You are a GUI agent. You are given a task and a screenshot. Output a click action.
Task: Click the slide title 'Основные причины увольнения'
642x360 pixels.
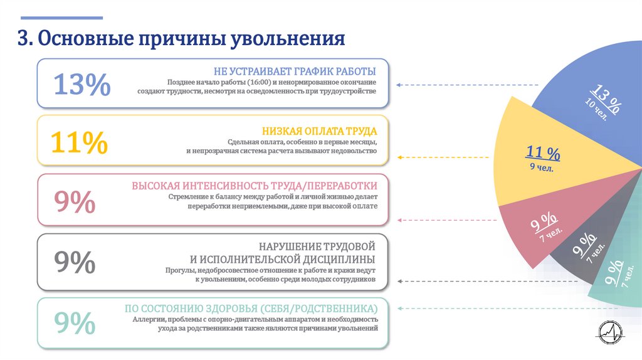pos(181,39)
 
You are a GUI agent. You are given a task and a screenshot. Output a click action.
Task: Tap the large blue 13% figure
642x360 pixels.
pos(82,84)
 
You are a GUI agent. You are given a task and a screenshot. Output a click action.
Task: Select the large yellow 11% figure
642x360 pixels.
pos(78,143)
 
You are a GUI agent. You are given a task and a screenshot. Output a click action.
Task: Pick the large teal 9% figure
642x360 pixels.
pos(75,322)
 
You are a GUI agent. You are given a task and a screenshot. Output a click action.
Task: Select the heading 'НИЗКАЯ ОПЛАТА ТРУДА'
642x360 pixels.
pos(319,131)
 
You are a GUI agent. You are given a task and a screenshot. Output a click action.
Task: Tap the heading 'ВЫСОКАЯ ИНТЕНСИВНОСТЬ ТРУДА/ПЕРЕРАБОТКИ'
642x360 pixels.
pos(255,186)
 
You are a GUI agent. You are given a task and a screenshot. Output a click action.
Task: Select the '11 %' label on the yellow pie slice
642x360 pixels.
pos(543,152)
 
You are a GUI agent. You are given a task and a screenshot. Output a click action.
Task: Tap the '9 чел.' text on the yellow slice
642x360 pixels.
pos(541,167)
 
